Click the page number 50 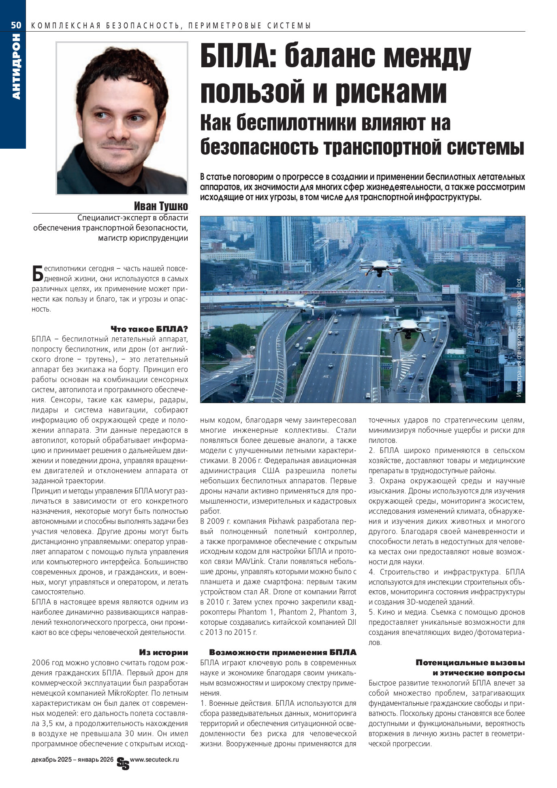pyautogui.click(x=16, y=25)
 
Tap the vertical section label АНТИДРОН pyautogui.click(x=16, y=66)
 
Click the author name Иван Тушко pyautogui.click(x=161, y=206)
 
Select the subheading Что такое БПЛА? pyautogui.click(x=149, y=329)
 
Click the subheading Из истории pyautogui.click(x=163, y=652)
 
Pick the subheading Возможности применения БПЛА pyautogui.click(x=282, y=652)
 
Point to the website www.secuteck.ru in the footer pyautogui.click(x=154, y=760)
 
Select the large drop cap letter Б pyautogui.click(x=37, y=273)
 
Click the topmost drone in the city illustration pyautogui.click(x=380, y=266)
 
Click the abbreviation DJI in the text pyautogui.click(x=350, y=622)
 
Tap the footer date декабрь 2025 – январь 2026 pyautogui.click(x=72, y=760)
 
